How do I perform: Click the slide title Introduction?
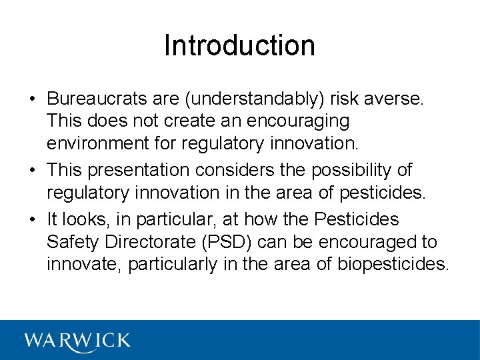[239, 45]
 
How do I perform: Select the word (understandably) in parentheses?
[255, 99]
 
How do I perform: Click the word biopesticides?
[393, 264]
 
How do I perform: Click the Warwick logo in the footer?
[77, 341]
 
